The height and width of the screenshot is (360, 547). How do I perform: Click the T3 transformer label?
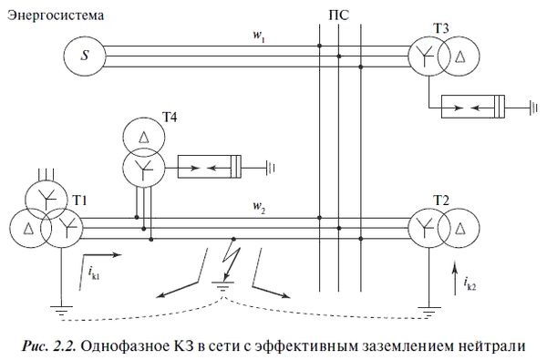(x=441, y=26)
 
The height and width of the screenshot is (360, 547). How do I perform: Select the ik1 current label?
(x=94, y=271)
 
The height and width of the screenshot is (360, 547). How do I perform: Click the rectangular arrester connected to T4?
(x=211, y=167)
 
